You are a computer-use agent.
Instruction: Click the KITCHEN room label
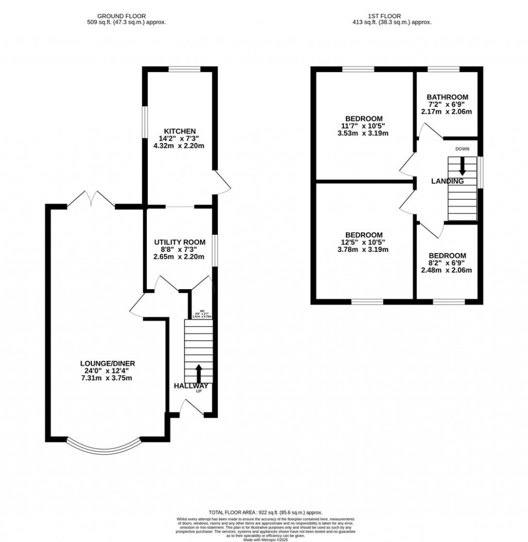(x=179, y=131)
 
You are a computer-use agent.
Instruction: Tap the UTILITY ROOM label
(x=179, y=242)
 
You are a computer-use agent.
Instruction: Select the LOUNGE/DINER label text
(x=107, y=363)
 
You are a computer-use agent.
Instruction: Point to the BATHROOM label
(x=447, y=97)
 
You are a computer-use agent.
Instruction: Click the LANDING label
(x=447, y=181)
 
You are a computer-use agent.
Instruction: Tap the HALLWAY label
(x=191, y=386)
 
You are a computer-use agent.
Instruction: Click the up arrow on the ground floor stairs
(x=198, y=373)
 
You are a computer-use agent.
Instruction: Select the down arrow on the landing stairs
(x=462, y=165)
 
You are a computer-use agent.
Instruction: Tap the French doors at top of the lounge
(x=91, y=199)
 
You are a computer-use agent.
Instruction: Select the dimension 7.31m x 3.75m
(x=107, y=378)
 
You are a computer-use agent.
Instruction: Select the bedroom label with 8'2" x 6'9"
(x=447, y=256)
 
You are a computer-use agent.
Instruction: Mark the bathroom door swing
(x=431, y=132)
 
